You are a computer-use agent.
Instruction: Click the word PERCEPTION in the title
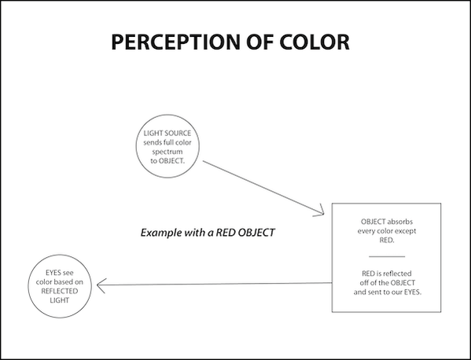(x=176, y=42)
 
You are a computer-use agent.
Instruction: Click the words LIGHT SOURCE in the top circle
(x=167, y=133)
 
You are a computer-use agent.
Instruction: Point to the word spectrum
(x=167, y=152)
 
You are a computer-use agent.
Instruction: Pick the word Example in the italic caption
(x=160, y=233)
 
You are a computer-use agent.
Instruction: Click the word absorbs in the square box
(x=399, y=222)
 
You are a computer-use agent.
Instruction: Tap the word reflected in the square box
(x=397, y=274)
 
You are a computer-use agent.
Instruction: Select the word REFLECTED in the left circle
(x=60, y=291)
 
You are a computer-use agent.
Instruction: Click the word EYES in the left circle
(x=52, y=273)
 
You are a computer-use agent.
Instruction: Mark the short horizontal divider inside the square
(x=387, y=257)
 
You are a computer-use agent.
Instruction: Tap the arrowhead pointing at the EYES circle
(x=101, y=285)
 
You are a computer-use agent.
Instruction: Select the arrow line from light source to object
(x=263, y=187)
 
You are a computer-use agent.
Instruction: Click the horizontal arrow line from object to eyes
(x=215, y=284)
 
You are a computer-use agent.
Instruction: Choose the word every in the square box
(x=366, y=231)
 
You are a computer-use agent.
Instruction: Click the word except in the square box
(x=407, y=231)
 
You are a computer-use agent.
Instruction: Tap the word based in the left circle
(x=66, y=282)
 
